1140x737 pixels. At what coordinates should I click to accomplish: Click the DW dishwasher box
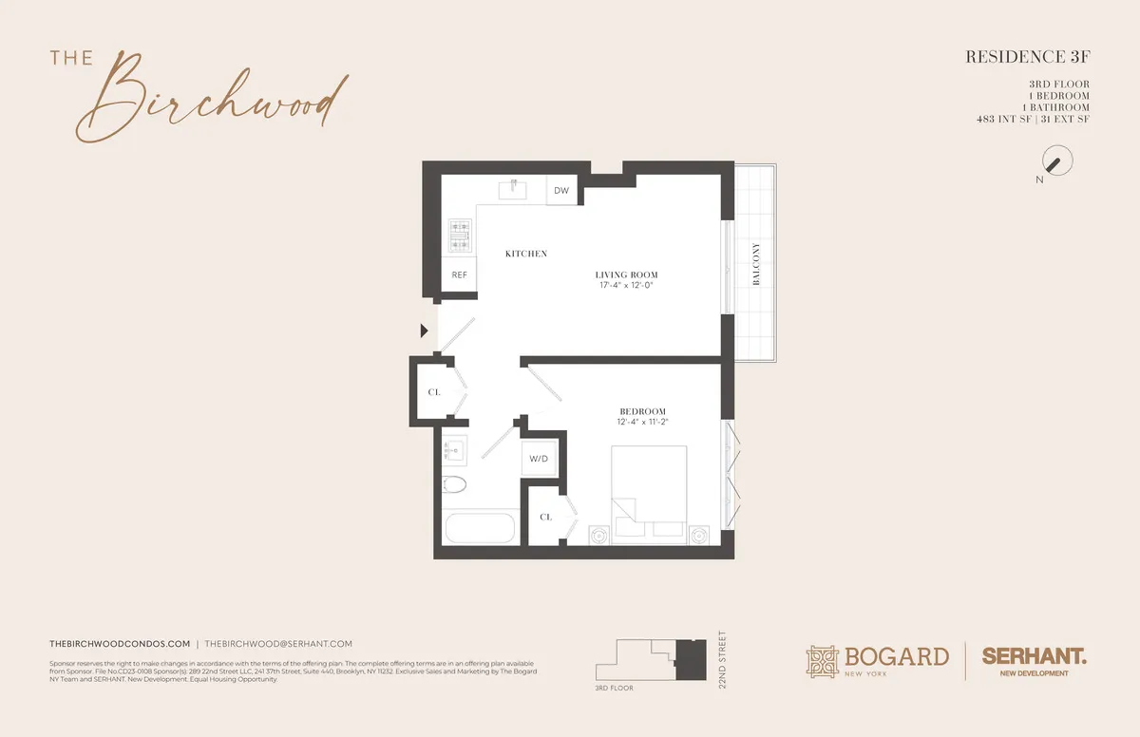561,192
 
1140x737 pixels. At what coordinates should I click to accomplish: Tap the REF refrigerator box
460,275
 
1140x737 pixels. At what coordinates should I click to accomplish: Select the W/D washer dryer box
539,459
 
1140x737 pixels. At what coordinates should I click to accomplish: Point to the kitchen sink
513,188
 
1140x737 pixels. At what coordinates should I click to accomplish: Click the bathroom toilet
455,486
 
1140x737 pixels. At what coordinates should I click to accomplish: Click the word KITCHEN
525,254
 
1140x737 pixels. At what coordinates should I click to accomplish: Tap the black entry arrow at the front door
425,331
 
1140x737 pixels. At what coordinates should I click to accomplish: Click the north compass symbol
1056,161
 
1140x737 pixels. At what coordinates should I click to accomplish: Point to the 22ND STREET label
722,663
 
